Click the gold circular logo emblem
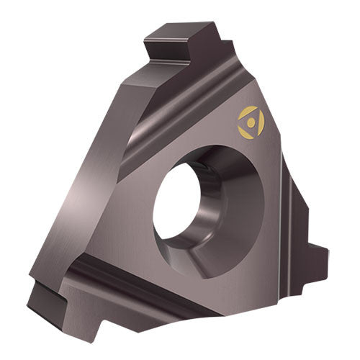point(251,122)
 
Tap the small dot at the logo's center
point(250,122)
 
